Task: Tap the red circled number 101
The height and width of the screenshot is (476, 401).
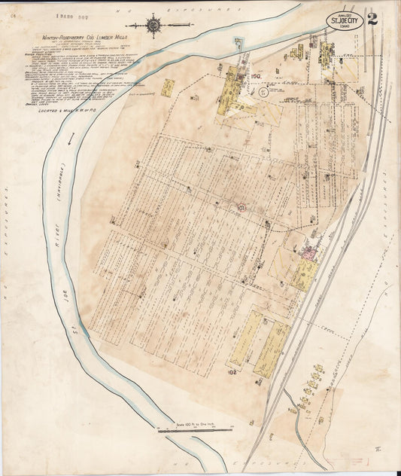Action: click(x=241, y=206)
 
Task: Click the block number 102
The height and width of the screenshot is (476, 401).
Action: click(x=232, y=371)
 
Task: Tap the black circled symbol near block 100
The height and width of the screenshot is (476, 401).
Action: click(x=262, y=93)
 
